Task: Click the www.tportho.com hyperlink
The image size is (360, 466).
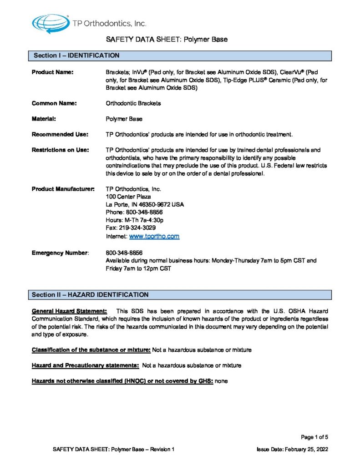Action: coord(154,237)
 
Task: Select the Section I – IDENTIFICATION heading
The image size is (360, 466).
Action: coord(76,56)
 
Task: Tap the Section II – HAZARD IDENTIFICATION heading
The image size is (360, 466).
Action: coord(90,295)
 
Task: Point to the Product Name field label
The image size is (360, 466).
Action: coord(52,72)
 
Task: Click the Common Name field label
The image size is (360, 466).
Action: coord(54,103)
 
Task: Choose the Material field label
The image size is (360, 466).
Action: coord(44,119)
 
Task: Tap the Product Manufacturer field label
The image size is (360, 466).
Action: coord(63,189)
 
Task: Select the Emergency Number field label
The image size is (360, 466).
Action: coord(60,253)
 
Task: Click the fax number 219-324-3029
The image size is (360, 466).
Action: coord(131,228)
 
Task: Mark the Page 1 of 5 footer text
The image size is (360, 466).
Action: coord(314,437)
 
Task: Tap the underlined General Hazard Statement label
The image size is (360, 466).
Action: coord(69,311)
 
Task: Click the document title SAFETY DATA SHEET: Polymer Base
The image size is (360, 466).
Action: coord(167,40)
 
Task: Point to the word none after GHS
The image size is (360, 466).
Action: coord(221,380)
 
